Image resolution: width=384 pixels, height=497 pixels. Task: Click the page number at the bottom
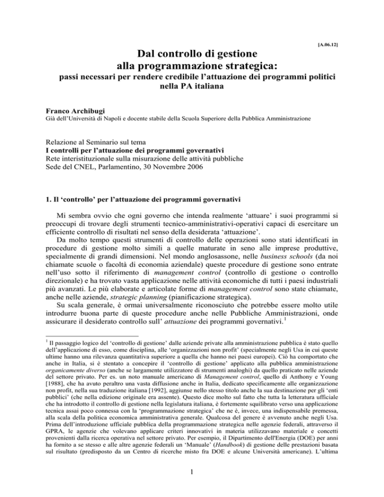192,477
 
